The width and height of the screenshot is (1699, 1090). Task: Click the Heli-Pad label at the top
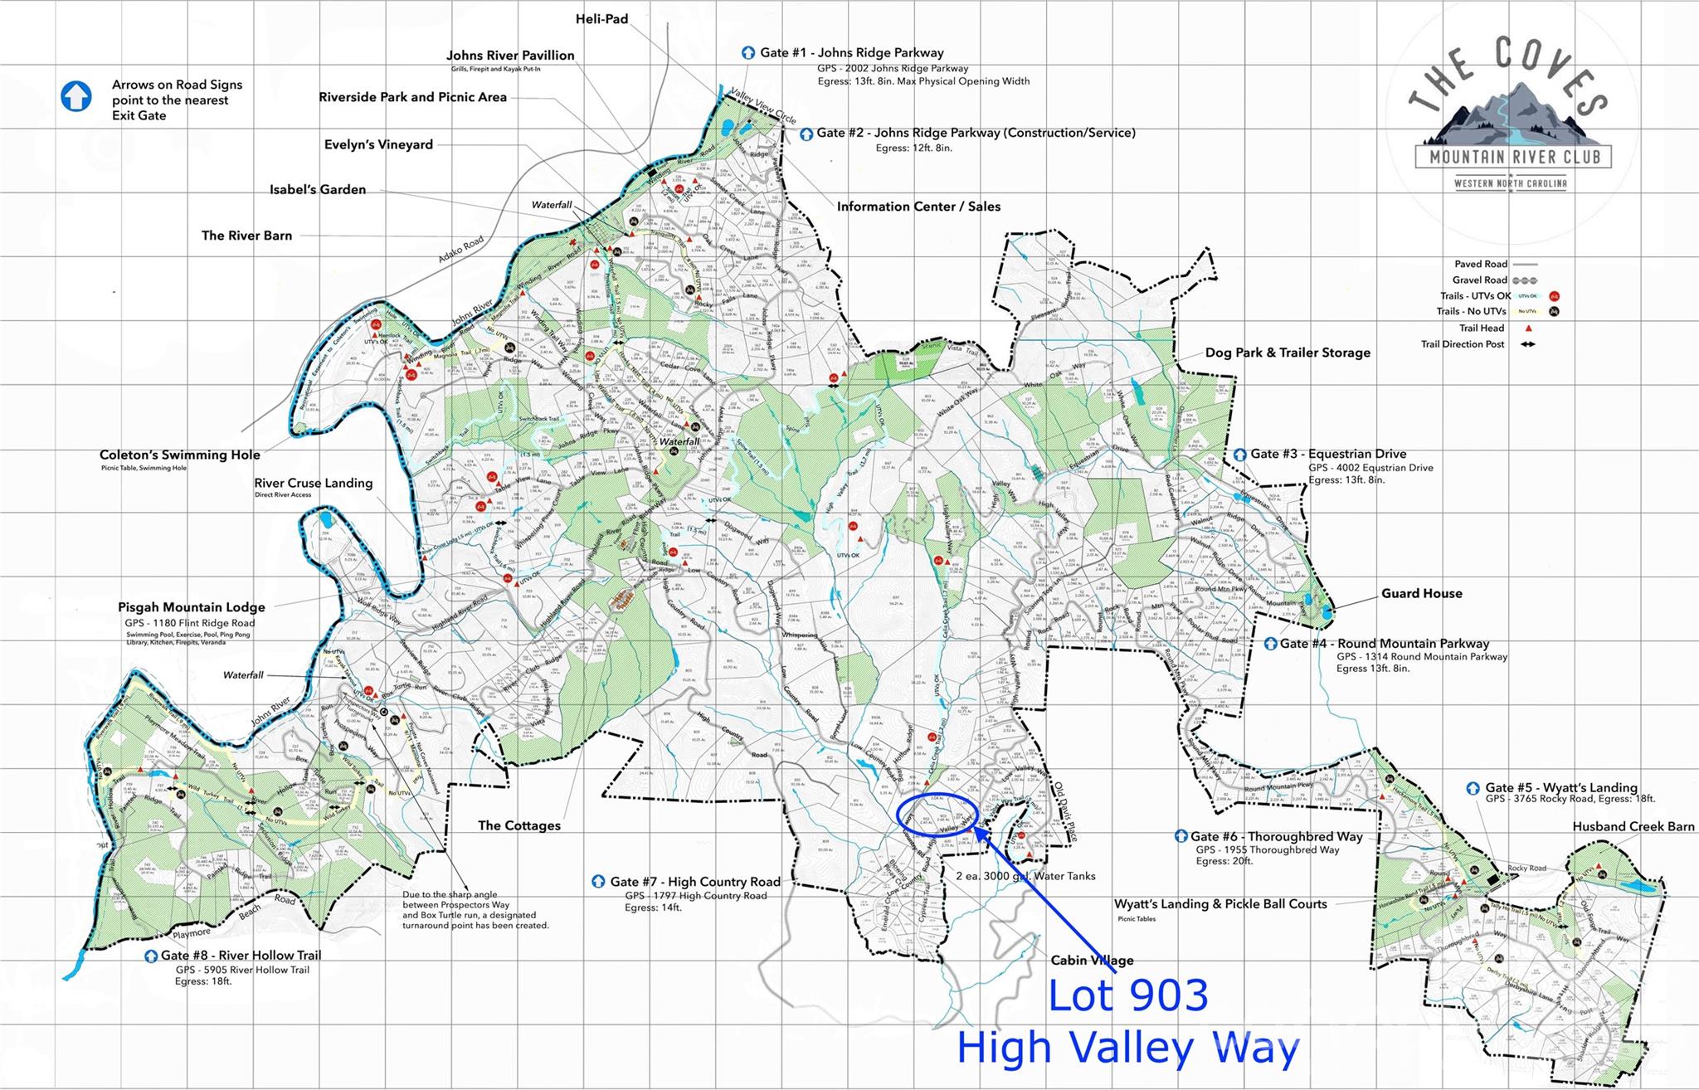[601, 19]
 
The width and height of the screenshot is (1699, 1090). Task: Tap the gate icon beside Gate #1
[748, 53]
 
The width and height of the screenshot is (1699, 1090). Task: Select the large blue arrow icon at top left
[76, 96]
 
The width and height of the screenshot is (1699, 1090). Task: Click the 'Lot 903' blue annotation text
[1127, 995]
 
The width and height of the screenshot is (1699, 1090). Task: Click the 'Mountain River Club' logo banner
[1513, 156]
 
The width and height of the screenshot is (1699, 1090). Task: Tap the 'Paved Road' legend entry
[1481, 264]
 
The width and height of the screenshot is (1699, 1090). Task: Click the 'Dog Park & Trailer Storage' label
[1287, 353]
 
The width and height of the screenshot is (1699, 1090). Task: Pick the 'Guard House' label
[1421, 593]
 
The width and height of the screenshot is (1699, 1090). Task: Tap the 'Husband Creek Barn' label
[1633, 826]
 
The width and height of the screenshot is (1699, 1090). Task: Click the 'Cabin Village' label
[1092, 961]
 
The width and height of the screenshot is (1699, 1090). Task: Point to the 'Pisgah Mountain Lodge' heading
[191, 607]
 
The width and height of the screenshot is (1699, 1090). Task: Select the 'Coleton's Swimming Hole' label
[179, 455]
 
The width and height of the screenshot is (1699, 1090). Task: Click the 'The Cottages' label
[518, 825]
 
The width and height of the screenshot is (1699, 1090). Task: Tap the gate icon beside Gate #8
[151, 956]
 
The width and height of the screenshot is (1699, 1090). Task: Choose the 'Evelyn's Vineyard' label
[378, 144]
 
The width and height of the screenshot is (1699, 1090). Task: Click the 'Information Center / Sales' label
[918, 207]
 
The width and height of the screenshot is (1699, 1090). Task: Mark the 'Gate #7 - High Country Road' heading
[695, 882]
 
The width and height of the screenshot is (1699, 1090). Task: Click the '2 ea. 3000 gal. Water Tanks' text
[1025, 876]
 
